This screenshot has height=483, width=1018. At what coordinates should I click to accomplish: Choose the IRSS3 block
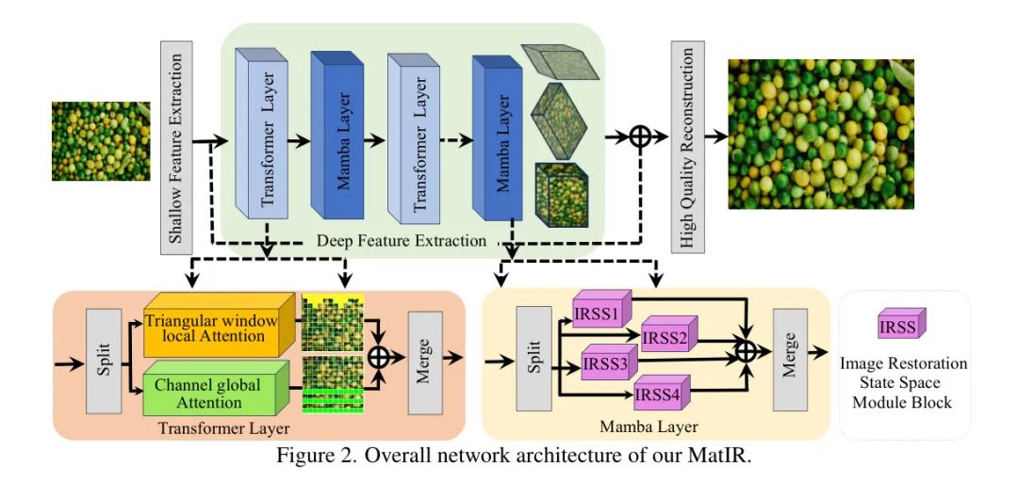click(608, 362)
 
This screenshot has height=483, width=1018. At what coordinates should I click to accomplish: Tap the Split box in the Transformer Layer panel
click(104, 362)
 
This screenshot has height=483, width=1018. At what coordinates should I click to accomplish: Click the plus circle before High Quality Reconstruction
click(641, 137)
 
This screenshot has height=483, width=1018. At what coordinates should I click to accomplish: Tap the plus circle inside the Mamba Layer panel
click(746, 350)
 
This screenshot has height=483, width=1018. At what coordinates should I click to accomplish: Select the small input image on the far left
click(100, 141)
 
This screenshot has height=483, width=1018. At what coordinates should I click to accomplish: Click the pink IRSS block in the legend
click(896, 326)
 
